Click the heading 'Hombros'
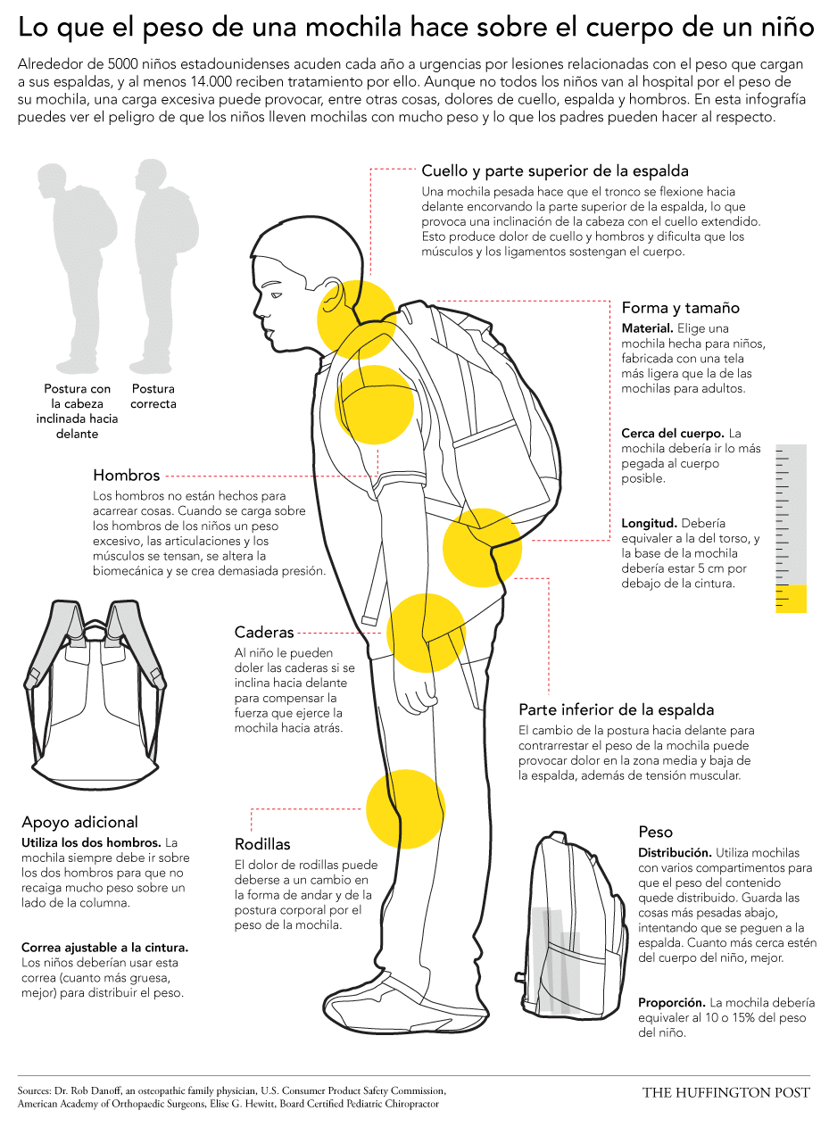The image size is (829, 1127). [x=126, y=475]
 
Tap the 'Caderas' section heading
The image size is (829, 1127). [x=263, y=632]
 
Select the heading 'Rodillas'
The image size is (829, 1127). [x=262, y=844]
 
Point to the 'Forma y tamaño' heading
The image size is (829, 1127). [x=680, y=308]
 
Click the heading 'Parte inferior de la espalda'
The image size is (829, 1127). [x=617, y=709]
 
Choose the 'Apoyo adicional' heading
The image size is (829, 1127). [x=79, y=822]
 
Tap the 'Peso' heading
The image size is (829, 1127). [x=655, y=832]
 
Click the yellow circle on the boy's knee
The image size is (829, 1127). [x=405, y=809]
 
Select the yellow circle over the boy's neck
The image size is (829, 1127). [x=357, y=319]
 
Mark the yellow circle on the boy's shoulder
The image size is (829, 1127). [x=374, y=404]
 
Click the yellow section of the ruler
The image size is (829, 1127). [x=791, y=598]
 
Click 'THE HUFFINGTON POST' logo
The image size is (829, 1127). [x=725, y=1092]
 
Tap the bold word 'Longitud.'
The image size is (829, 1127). [x=649, y=523]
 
